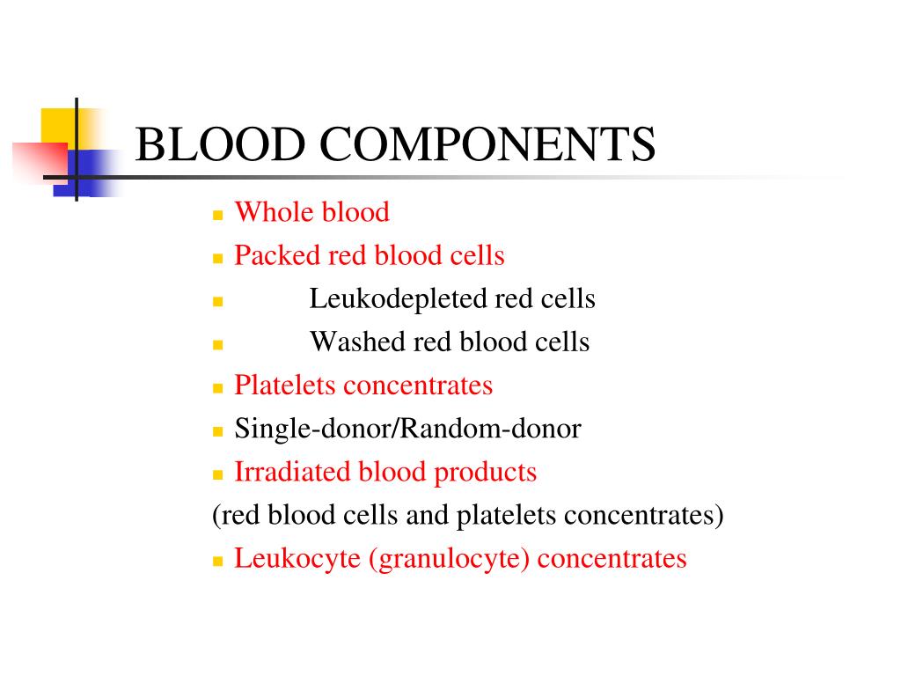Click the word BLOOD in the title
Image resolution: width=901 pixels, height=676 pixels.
[220, 145]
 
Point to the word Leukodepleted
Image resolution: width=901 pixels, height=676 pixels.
[397, 299]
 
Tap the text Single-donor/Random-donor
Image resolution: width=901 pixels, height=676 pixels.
[407, 430]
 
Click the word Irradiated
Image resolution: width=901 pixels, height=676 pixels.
[292, 472]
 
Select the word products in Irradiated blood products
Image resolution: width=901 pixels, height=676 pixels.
[485, 473]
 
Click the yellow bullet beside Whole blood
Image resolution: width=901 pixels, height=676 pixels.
[218, 215]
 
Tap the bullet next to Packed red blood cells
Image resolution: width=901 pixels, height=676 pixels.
[218, 259]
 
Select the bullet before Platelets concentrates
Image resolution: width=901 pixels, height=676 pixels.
[218, 388]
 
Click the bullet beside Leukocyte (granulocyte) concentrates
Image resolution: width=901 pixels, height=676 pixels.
[218, 562]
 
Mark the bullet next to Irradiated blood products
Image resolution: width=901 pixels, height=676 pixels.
[218, 474]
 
